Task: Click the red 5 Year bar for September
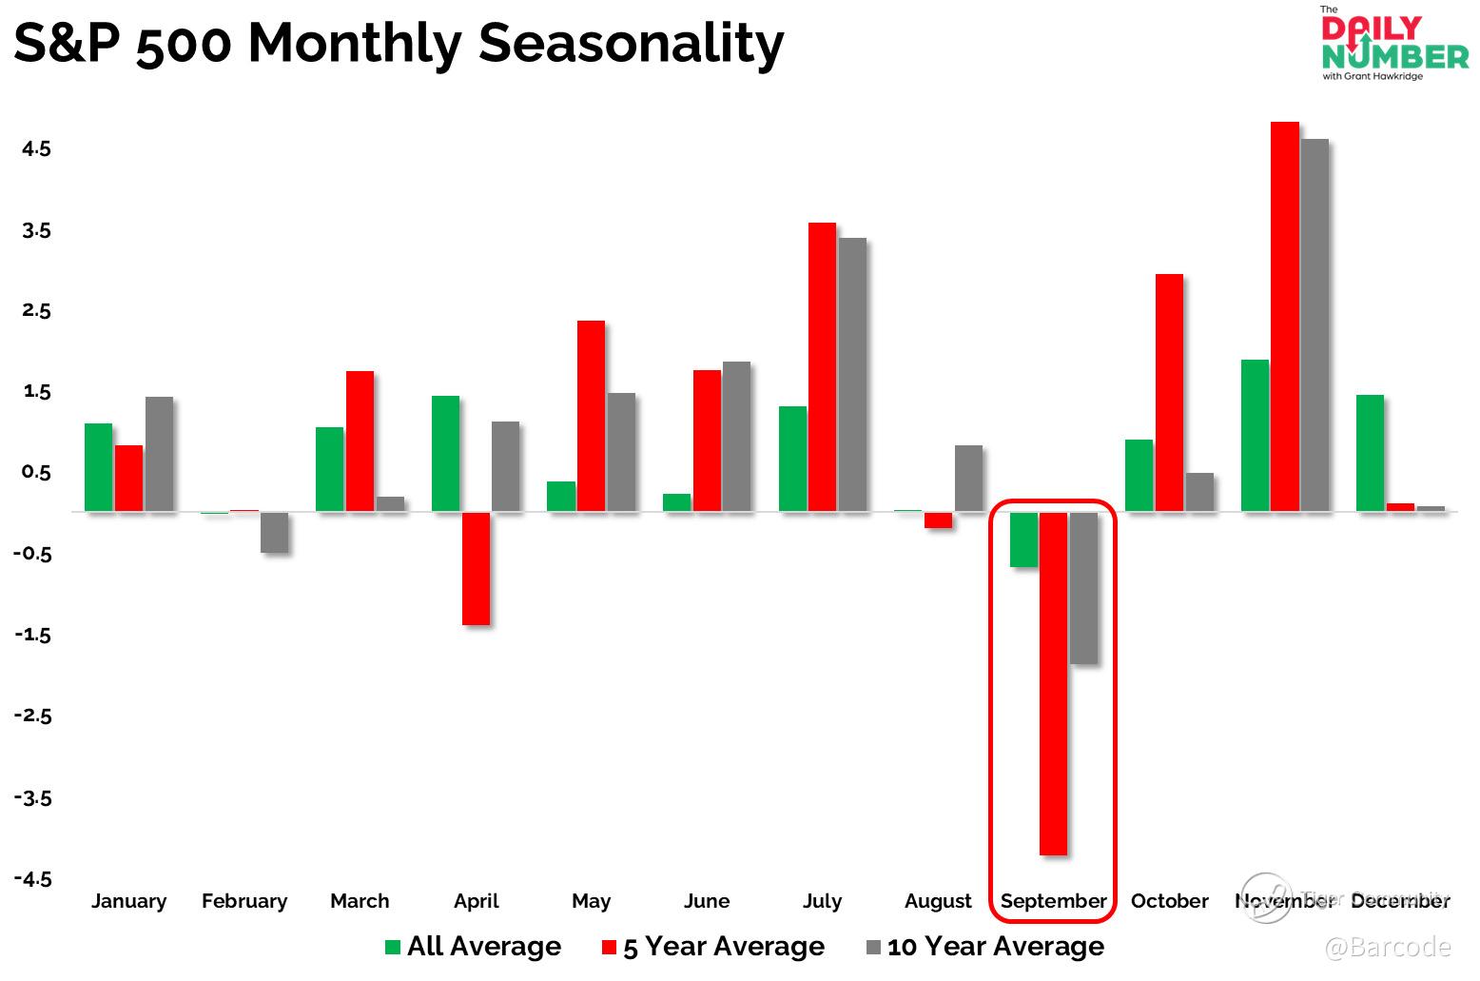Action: click(1053, 683)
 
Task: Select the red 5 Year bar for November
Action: click(1284, 316)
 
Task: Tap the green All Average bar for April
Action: click(445, 453)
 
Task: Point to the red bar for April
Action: click(476, 568)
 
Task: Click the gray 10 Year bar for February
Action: click(274, 532)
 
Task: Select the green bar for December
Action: click(1370, 453)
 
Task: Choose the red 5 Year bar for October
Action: click(1169, 392)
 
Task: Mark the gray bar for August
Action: click(968, 478)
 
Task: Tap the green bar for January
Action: click(98, 466)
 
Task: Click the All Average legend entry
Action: click(473, 947)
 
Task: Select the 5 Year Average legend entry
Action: click(713, 947)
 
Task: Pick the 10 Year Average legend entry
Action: click(985, 947)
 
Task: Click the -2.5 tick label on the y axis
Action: click(33, 716)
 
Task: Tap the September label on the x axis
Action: click(1054, 901)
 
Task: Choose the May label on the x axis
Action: click(591, 901)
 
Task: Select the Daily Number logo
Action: click(1393, 44)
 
